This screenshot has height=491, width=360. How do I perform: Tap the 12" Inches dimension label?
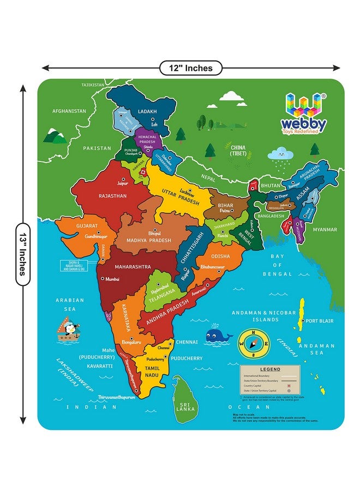[x=190, y=68]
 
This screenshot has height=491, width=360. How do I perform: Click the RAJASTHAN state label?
[x=112, y=195]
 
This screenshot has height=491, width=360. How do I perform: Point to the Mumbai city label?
[x=112, y=279]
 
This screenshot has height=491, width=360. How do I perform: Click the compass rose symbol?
[x=254, y=344]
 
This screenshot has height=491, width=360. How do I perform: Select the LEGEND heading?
[x=270, y=369]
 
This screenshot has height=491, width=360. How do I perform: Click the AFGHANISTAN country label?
[x=69, y=111]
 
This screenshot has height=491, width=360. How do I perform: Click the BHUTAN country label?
[x=270, y=186]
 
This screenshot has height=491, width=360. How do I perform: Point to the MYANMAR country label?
[x=325, y=230]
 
